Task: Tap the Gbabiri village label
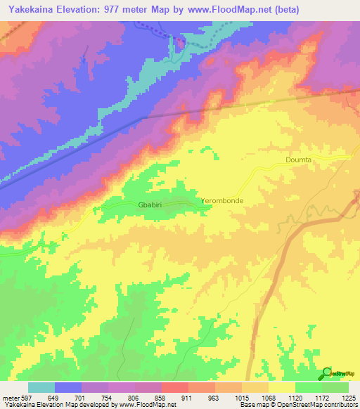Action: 153,206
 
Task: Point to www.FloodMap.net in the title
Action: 226,10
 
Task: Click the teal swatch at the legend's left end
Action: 41,387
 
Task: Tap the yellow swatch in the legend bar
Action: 282,387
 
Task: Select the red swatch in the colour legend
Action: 175,387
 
